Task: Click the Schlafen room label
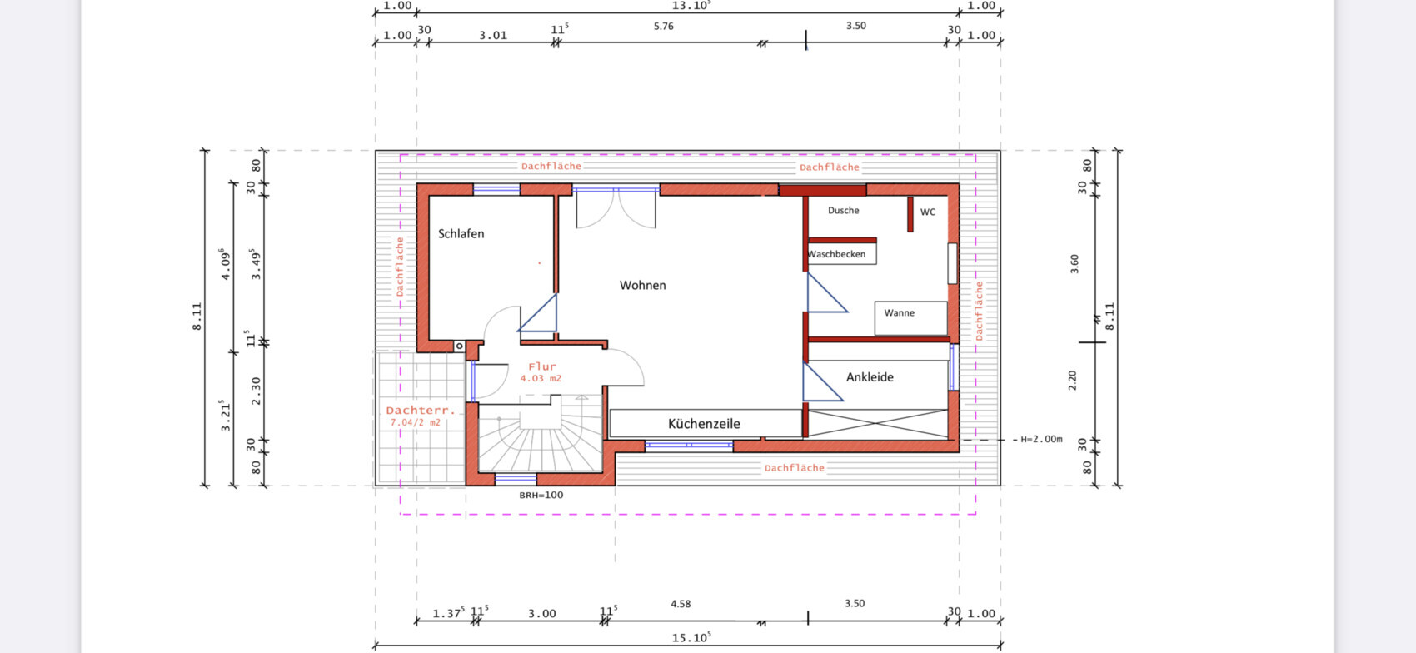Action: [461, 234]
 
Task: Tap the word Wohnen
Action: [642, 285]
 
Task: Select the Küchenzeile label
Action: [704, 423]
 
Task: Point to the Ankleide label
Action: [870, 377]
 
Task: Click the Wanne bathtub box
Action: [911, 318]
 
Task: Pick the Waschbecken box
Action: [841, 253]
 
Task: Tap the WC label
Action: [927, 212]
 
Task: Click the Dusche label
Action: [843, 210]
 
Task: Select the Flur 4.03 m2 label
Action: [541, 372]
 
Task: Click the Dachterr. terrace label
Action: [421, 411]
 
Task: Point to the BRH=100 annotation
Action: [541, 495]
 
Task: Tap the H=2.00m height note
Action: [1041, 439]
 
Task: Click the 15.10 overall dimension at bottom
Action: [691, 637]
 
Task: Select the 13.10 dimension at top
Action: [691, 5]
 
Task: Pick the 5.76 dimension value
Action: [663, 26]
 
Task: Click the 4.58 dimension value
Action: [681, 604]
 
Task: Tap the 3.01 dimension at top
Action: [493, 36]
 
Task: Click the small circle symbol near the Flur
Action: [460, 346]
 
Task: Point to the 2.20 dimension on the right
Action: [1072, 381]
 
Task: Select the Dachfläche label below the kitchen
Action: [795, 468]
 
